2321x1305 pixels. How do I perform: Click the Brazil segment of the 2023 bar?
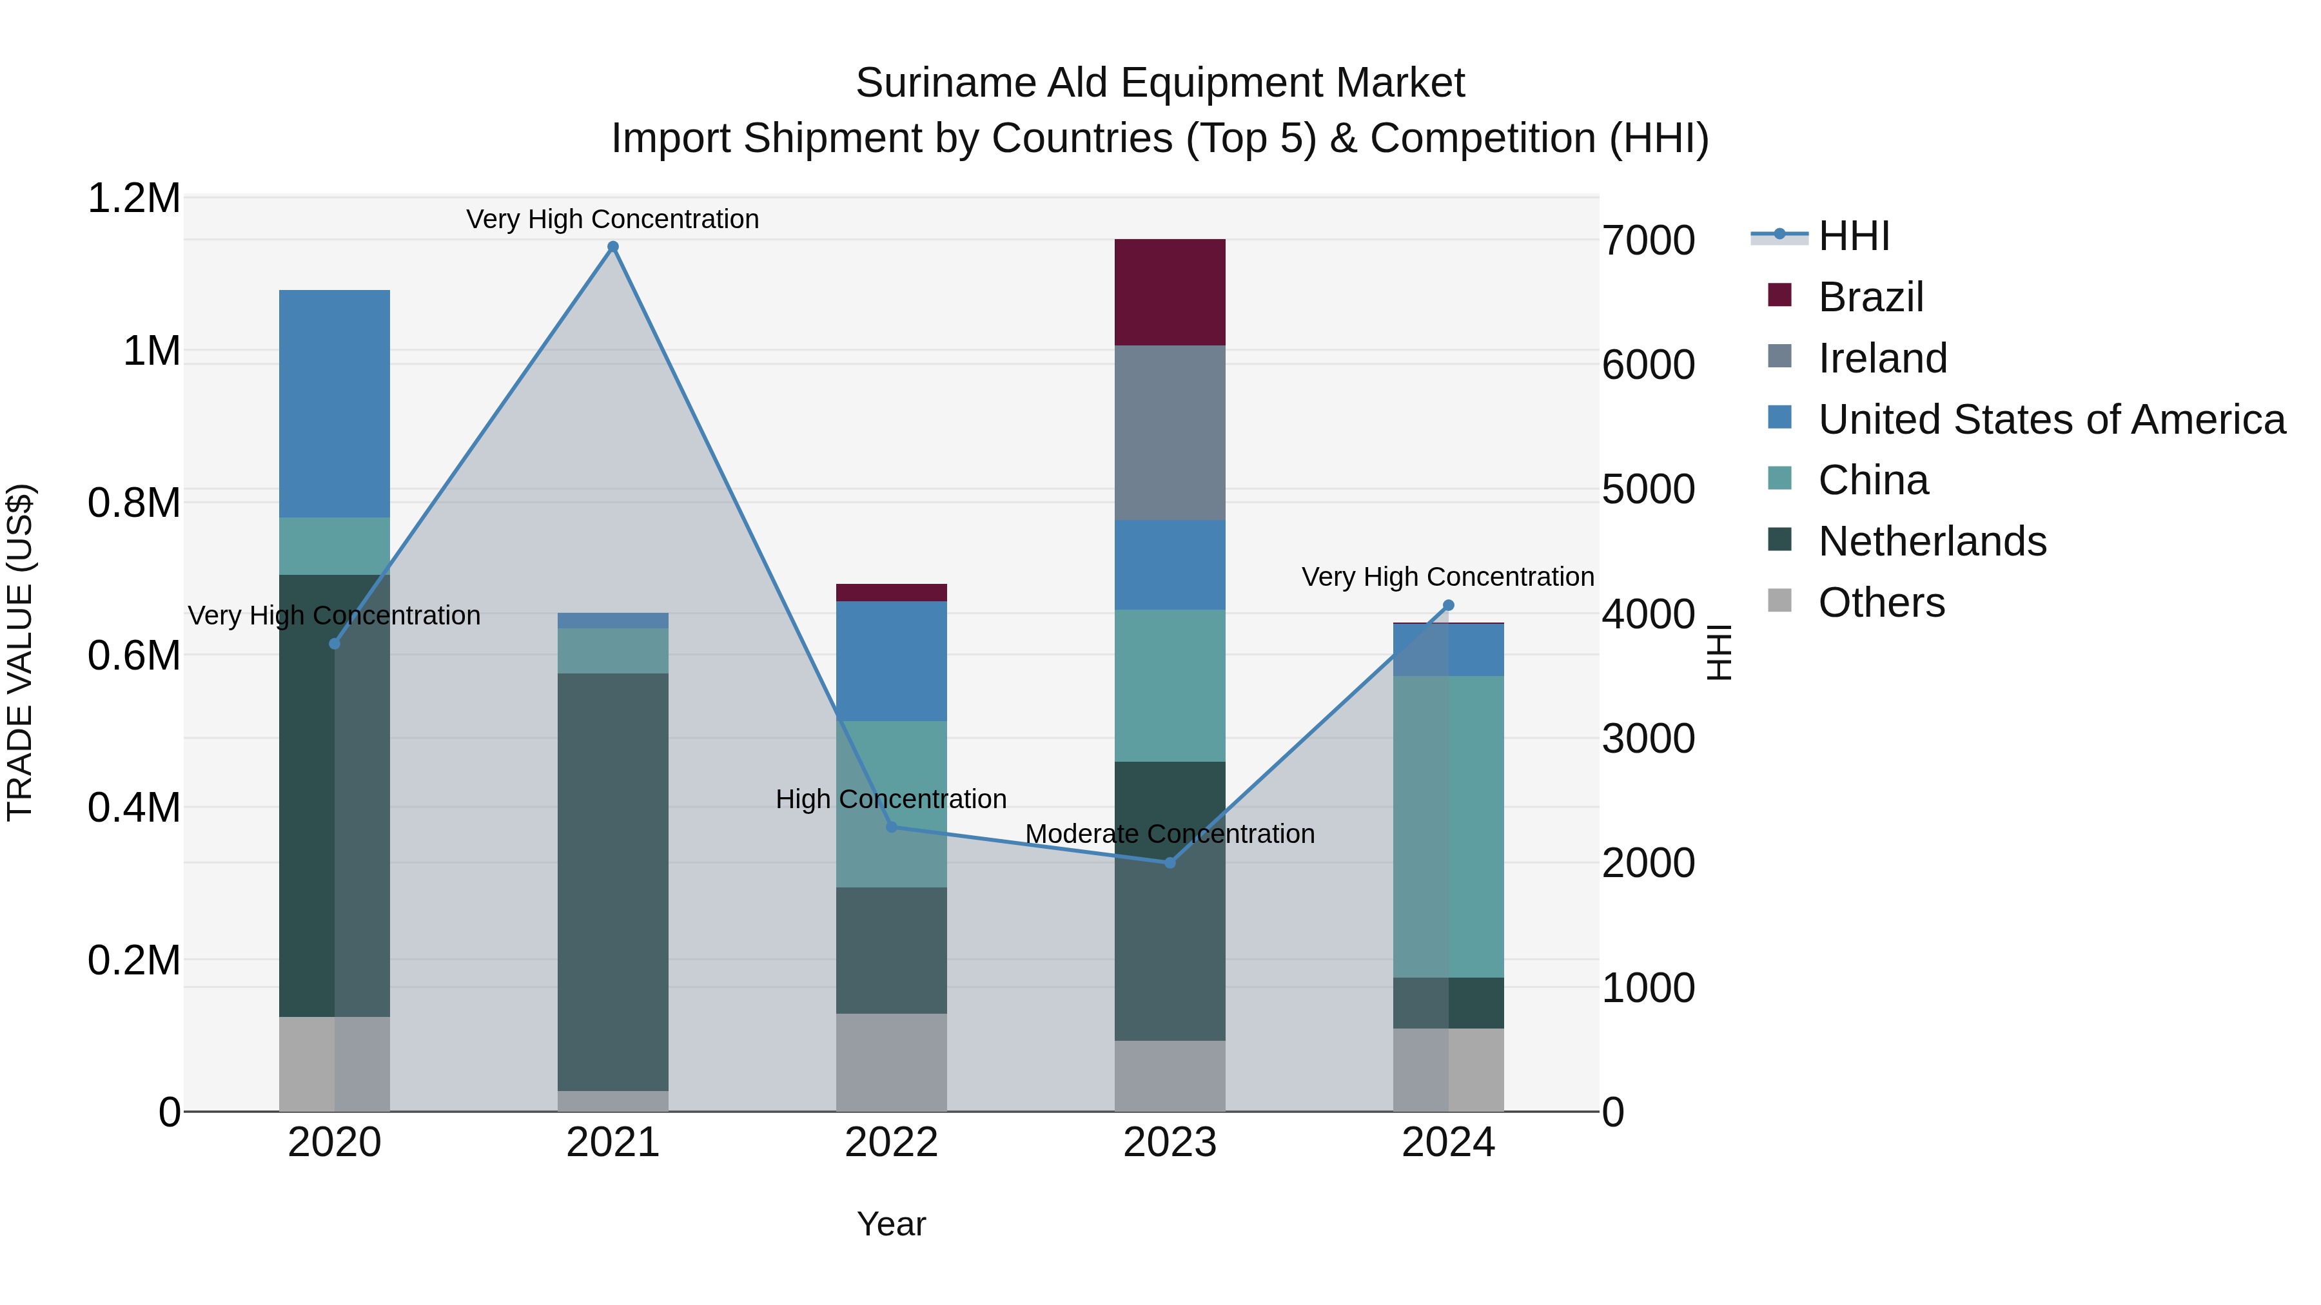pyautogui.click(x=1170, y=292)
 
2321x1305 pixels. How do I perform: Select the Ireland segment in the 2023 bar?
pyautogui.click(x=1170, y=432)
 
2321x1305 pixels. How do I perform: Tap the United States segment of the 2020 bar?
pyautogui.click(x=334, y=403)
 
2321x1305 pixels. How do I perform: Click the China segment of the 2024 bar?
pyautogui.click(x=1448, y=826)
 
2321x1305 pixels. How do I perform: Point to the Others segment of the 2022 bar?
pyautogui.click(x=891, y=1062)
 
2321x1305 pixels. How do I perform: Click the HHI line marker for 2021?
pyautogui.click(x=612, y=247)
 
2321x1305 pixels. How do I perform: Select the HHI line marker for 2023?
pyautogui.click(x=1170, y=863)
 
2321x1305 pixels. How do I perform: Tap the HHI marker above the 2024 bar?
pyautogui.click(x=1448, y=605)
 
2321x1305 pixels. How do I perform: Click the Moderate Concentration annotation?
pyautogui.click(x=1170, y=834)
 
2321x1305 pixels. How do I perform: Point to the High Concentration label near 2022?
pyautogui.click(x=891, y=799)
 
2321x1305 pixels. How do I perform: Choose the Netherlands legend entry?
pyautogui.click(x=1932, y=541)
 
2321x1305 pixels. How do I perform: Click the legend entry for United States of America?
pyautogui.click(x=2051, y=420)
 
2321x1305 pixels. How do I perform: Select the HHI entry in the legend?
pyautogui.click(x=1854, y=236)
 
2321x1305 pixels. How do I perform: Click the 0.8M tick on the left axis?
pyautogui.click(x=134, y=503)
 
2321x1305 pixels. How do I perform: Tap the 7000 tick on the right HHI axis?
pyautogui.click(x=1648, y=240)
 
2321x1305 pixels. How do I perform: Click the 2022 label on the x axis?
pyautogui.click(x=891, y=1143)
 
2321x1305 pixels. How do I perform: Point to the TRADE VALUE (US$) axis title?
pyautogui.click(x=20, y=652)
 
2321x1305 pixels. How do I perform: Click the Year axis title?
pyautogui.click(x=891, y=1224)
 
